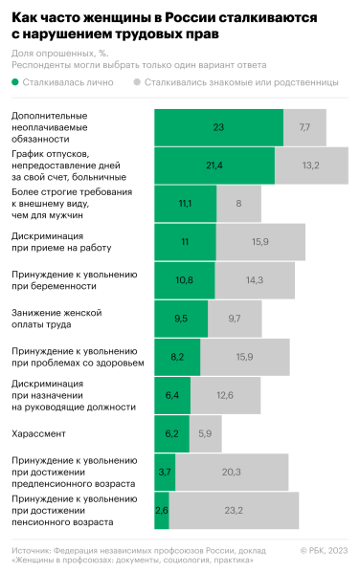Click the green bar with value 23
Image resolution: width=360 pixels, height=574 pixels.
(x=218, y=127)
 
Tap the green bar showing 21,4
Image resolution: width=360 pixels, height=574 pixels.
(x=214, y=166)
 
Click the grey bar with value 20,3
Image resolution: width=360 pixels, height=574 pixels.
(x=231, y=472)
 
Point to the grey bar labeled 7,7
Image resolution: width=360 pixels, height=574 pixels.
(x=304, y=127)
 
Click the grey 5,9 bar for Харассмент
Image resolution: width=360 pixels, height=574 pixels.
(x=205, y=433)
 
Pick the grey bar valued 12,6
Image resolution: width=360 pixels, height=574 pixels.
(x=225, y=395)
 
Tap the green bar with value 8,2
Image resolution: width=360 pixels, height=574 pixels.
(x=177, y=357)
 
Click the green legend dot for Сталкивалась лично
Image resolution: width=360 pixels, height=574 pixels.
(x=16, y=82)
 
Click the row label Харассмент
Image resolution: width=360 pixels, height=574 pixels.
(x=37, y=433)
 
